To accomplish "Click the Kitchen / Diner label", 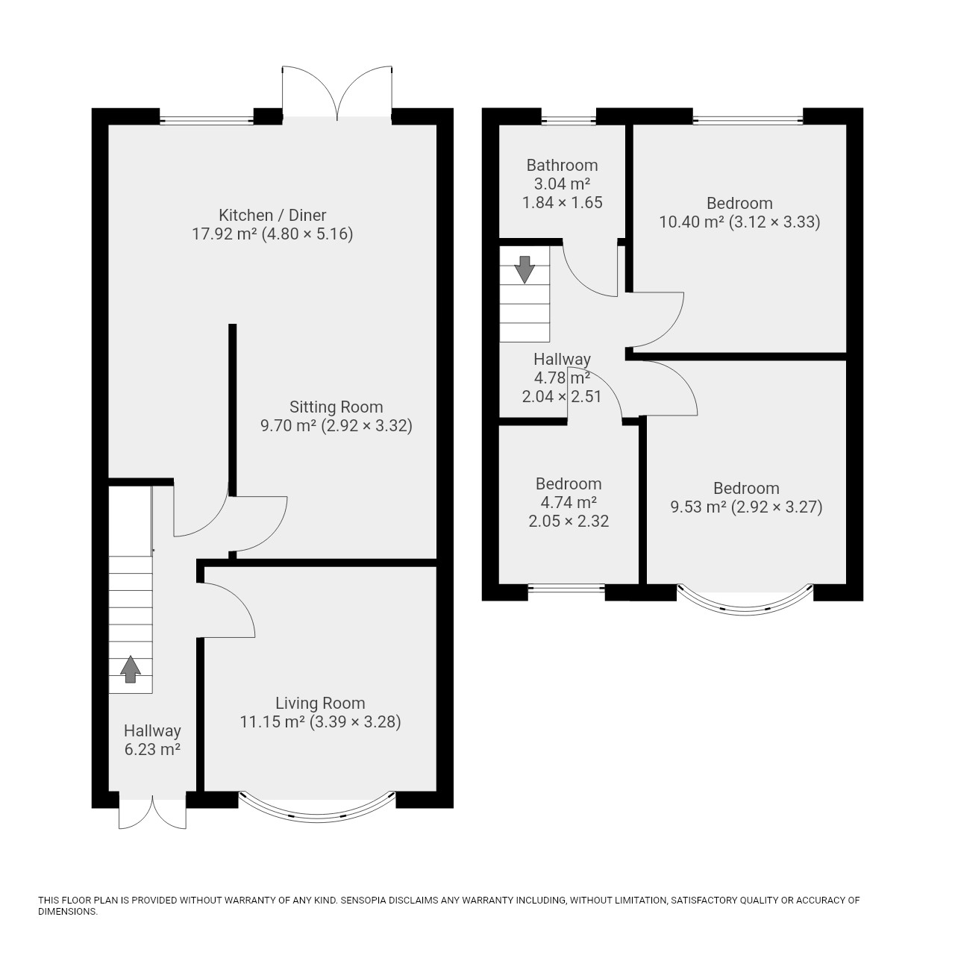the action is [272, 215].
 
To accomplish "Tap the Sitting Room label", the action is [336, 407].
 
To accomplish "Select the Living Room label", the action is [320, 703].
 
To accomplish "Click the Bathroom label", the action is [562, 165].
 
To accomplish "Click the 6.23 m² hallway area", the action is [152, 749].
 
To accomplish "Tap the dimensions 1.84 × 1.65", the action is [563, 202].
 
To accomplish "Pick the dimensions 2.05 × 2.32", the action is [569, 521].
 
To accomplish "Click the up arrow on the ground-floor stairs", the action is [131, 669].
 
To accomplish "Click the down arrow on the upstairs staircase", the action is [525, 269].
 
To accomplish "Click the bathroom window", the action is [569, 119].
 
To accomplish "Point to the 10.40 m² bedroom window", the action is [748, 119].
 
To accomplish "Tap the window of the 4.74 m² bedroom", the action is [566, 589].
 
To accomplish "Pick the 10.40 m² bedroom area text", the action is [692, 222].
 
